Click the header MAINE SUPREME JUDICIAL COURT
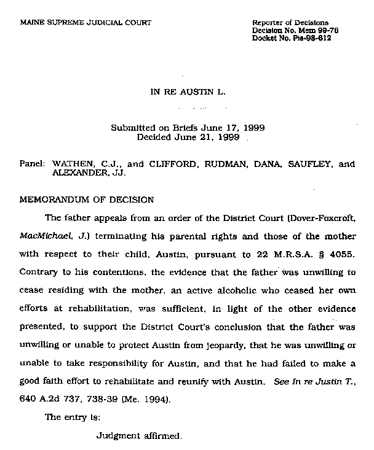[86, 23]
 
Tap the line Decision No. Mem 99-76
[296, 30]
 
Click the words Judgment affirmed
[140, 436]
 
